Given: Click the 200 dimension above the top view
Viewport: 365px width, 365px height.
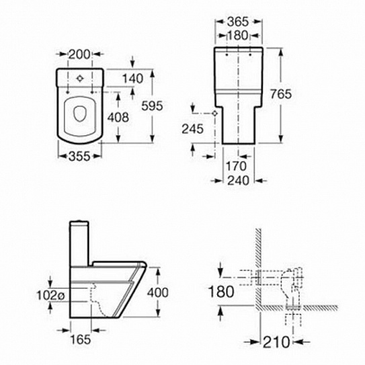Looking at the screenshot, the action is (x=79, y=54).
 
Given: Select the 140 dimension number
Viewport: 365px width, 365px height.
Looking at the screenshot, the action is (x=132, y=79).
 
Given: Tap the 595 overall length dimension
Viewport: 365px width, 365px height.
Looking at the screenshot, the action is (x=152, y=106).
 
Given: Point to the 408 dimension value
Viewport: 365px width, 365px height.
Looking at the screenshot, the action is (x=118, y=117).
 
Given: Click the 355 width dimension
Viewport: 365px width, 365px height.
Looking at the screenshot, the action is (x=79, y=156).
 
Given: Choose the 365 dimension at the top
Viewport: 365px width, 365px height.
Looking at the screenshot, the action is (x=238, y=22).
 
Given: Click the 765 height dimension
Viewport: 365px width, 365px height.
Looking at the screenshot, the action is (x=281, y=94).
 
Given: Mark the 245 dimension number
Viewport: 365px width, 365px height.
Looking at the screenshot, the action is (x=192, y=129).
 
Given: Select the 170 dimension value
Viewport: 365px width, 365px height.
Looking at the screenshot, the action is (x=236, y=166).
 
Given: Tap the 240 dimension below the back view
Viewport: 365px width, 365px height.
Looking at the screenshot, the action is (x=238, y=180).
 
